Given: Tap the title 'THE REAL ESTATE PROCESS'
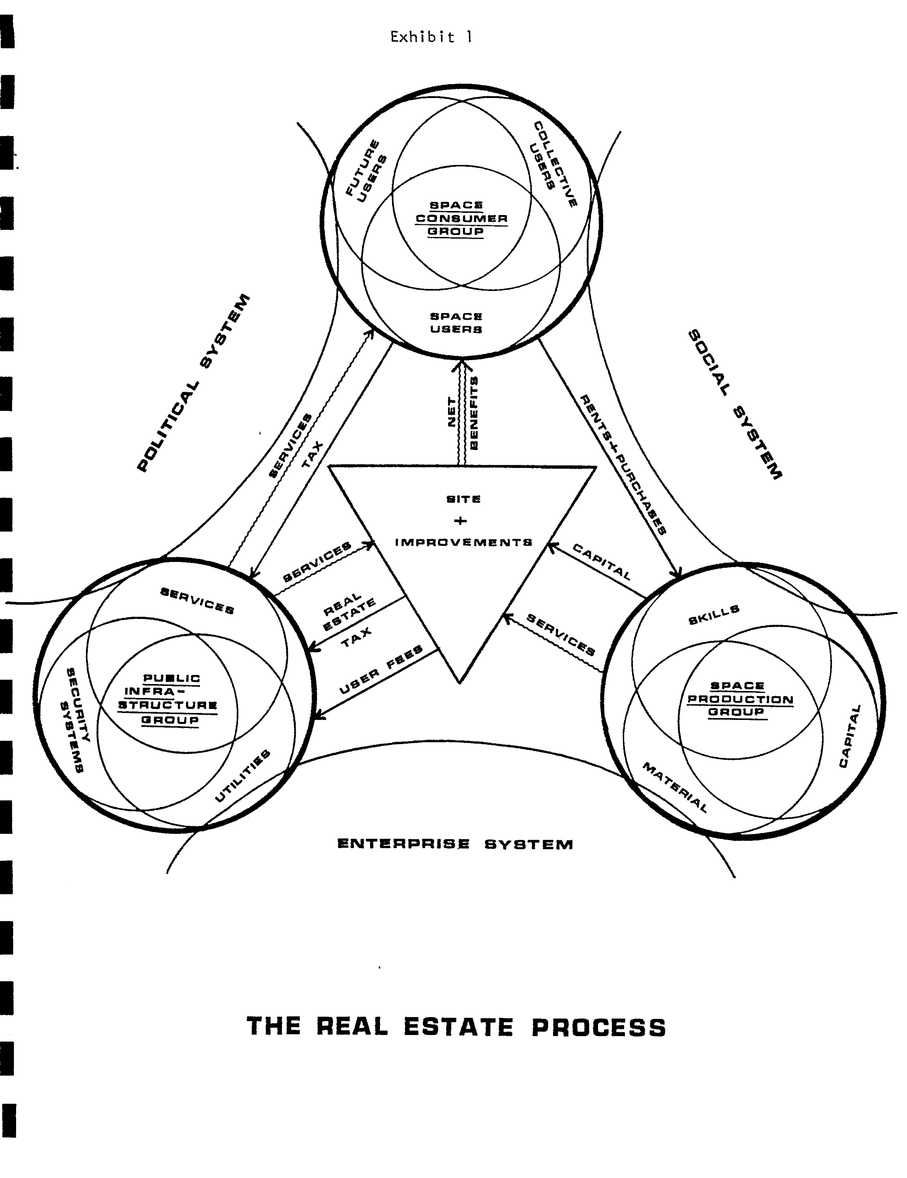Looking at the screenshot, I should click(x=456, y=1026).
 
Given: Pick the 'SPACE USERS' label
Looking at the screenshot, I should click(x=456, y=323).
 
